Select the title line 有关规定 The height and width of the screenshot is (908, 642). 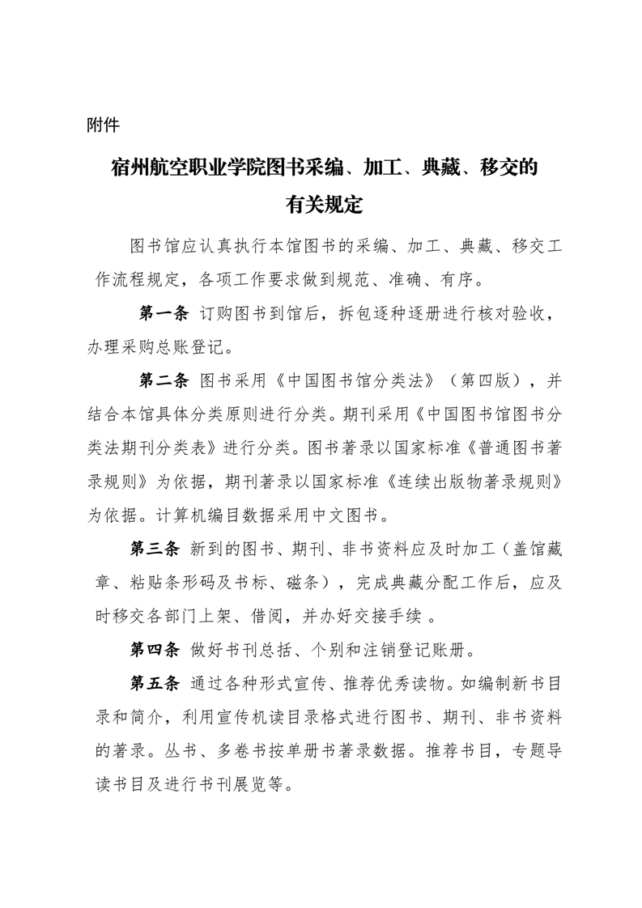(322, 205)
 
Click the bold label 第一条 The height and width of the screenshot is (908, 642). (164, 314)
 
